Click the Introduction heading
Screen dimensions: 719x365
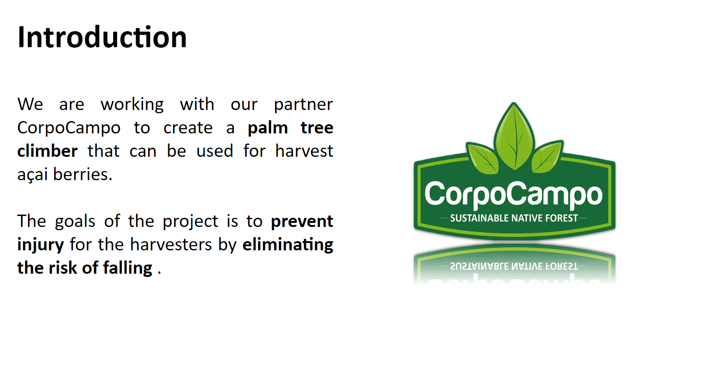coord(102,37)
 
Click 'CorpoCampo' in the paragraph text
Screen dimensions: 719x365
coord(69,128)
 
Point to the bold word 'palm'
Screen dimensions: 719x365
coord(267,128)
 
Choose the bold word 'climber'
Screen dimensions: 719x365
coord(47,151)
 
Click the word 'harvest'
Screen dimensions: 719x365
coord(304,151)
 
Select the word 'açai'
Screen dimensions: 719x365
coord(33,175)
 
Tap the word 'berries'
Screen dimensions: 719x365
coord(83,174)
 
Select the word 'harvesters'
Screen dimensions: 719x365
coord(171,244)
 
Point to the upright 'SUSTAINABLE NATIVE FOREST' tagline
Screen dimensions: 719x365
coord(514,218)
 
